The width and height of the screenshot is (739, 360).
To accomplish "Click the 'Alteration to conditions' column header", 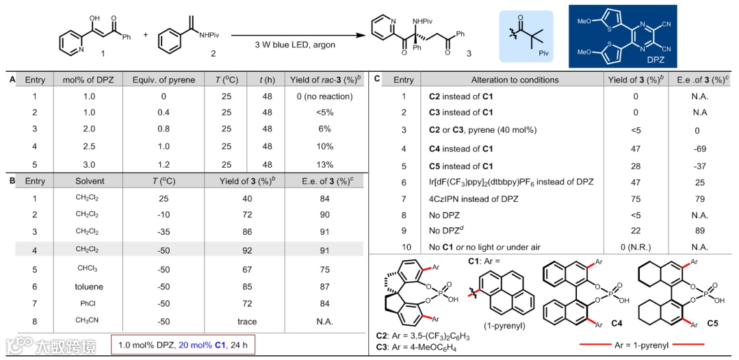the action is (515, 79).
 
